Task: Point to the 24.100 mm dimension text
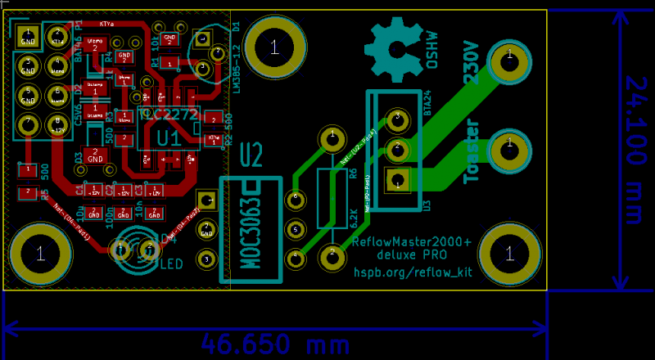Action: tap(635, 149)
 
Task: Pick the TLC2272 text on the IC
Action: tap(169, 115)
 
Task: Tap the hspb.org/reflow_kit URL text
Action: tap(413, 272)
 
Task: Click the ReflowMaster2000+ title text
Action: tap(411, 242)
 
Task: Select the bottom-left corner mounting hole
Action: tap(39, 253)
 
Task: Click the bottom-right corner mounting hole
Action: tap(510, 254)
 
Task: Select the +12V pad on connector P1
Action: tap(57, 125)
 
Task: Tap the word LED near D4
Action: tap(170, 263)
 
